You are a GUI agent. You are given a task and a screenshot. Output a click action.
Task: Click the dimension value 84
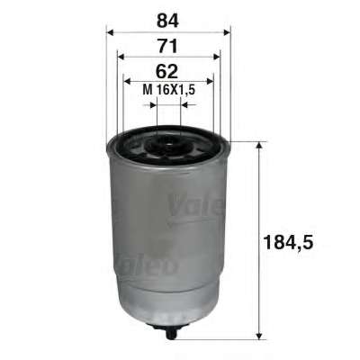coord(167,21)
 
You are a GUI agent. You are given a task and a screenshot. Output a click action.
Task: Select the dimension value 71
coord(168,47)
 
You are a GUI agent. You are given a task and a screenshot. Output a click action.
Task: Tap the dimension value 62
coord(167,71)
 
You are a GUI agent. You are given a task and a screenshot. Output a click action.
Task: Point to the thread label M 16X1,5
coord(169,90)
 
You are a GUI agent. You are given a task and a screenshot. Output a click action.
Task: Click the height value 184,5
coord(288,242)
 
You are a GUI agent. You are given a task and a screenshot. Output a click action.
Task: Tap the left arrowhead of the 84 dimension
coord(110,32)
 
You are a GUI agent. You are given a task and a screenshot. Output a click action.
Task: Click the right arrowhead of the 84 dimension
coord(227,32)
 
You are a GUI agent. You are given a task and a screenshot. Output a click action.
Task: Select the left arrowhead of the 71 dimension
coord(121,57)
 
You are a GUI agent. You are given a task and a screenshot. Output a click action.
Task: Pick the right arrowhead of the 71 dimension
coord(216,57)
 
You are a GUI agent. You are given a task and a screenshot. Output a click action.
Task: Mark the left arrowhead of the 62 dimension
coord(128,81)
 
